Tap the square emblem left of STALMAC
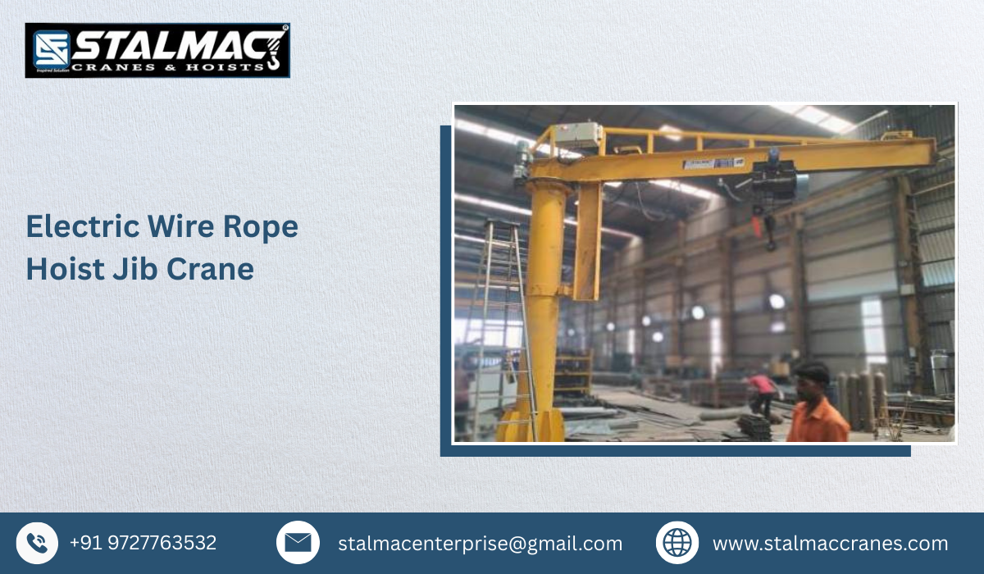pyautogui.click(x=50, y=48)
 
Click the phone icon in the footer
pyautogui.click(x=37, y=543)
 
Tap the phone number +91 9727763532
pyautogui.click(x=143, y=543)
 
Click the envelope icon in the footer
pyautogui.click(x=298, y=543)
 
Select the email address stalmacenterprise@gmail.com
pyautogui.click(x=480, y=544)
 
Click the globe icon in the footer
pyautogui.click(x=677, y=543)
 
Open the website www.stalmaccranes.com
pyautogui.click(x=830, y=544)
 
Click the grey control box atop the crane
pyautogui.click(x=576, y=135)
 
